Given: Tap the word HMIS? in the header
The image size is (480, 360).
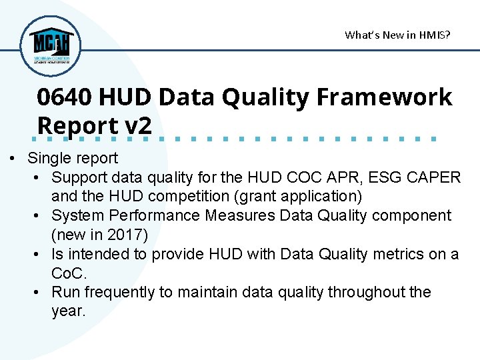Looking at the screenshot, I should (x=434, y=35).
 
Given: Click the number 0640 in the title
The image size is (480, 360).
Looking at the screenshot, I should (x=65, y=97).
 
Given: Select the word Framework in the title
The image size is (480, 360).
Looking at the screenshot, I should (x=384, y=97).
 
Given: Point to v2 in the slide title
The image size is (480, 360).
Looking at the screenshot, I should (x=139, y=125).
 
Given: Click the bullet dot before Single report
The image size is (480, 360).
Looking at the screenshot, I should (x=13, y=159).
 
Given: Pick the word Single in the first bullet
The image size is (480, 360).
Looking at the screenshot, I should (x=48, y=158).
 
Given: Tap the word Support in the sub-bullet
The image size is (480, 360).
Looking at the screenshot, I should (x=78, y=177).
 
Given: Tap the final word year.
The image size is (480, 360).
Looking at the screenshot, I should (x=69, y=311).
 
